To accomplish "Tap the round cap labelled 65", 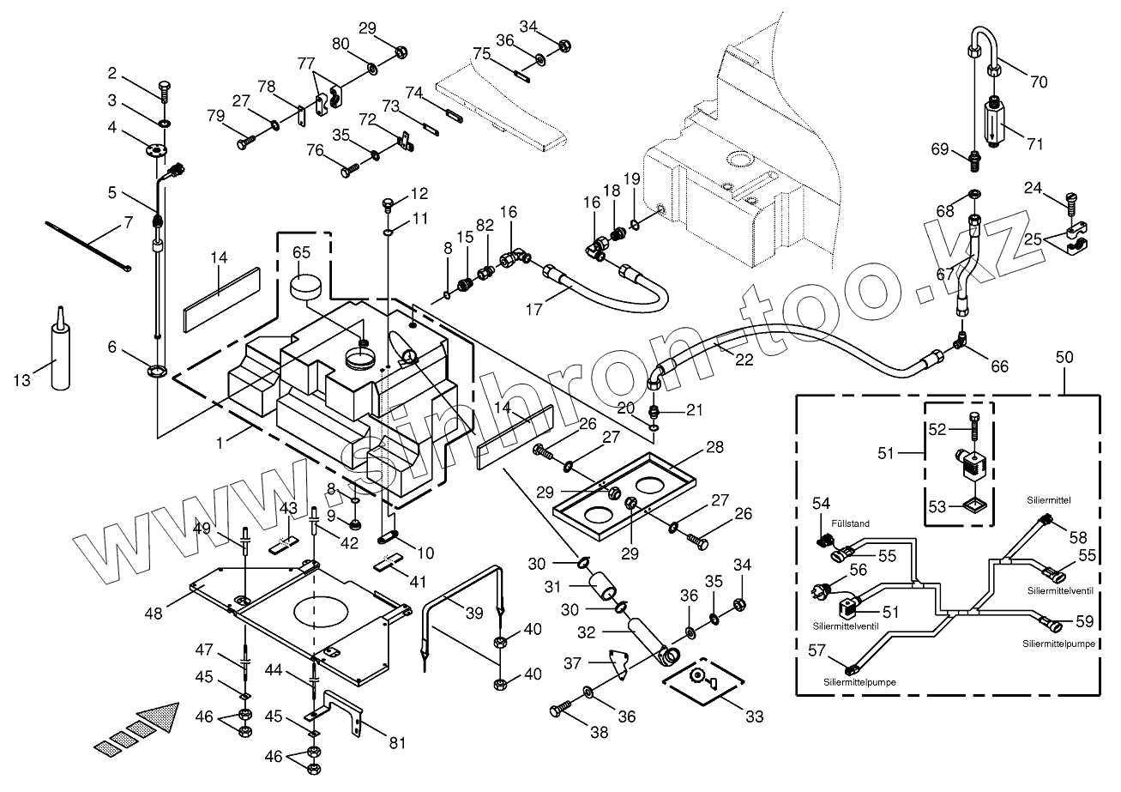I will click(x=304, y=287).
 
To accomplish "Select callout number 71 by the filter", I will click(x=1035, y=143).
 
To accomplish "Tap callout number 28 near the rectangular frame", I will click(x=714, y=447).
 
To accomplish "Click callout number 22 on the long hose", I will click(x=744, y=360).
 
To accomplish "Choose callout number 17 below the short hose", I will click(x=534, y=309).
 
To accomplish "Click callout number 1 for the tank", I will click(x=220, y=442).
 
